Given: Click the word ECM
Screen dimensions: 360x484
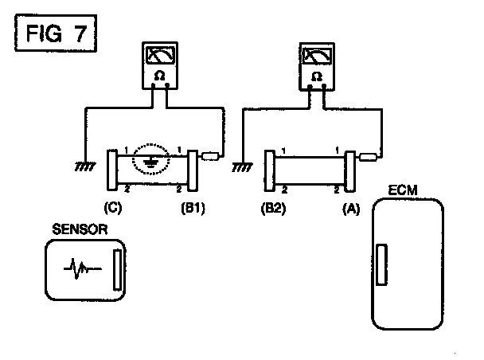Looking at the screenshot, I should (406, 192).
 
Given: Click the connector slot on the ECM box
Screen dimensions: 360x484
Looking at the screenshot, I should (381, 264).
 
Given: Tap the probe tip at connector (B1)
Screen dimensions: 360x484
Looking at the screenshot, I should (211, 157).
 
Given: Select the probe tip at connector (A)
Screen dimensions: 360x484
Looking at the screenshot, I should (369, 157).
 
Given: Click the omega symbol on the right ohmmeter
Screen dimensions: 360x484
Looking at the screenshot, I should (317, 77).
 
